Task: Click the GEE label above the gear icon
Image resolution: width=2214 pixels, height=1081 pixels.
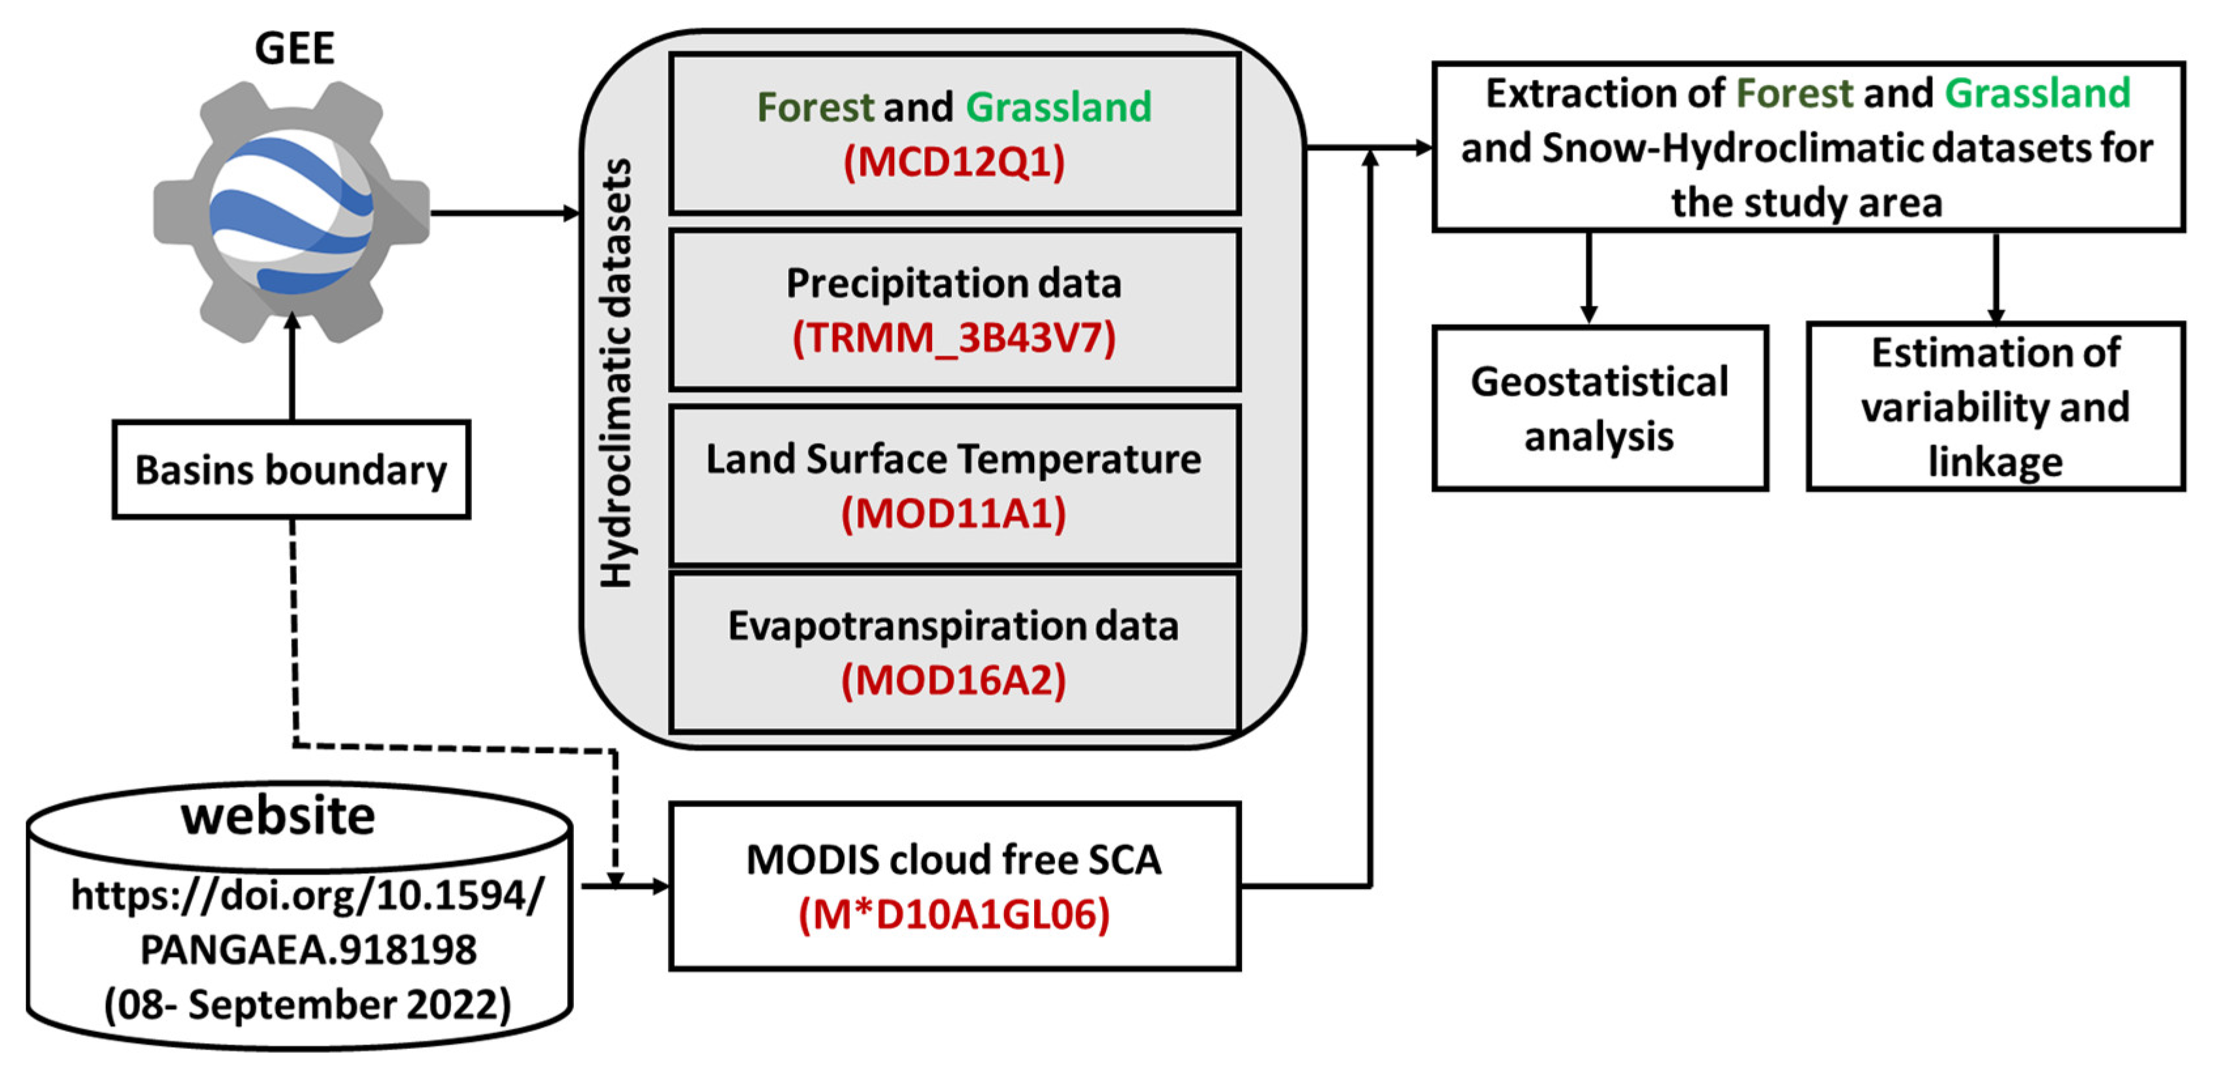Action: [x=294, y=48]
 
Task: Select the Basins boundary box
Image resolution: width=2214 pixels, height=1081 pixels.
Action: [x=292, y=470]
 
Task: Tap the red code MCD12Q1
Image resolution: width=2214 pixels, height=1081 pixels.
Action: [x=954, y=162]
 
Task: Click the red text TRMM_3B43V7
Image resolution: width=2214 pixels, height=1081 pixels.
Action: [x=954, y=338]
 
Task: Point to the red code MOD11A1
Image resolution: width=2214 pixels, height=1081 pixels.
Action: [x=954, y=514]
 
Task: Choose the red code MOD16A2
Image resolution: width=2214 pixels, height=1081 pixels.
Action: [x=954, y=680]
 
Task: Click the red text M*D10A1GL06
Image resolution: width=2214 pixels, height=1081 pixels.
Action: [x=954, y=914]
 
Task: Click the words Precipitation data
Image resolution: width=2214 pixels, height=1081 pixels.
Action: [x=954, y=284]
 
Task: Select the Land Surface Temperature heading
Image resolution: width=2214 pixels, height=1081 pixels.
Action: [x=954, y=459]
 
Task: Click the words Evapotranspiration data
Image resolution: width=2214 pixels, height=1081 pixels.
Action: [x=954, y=625]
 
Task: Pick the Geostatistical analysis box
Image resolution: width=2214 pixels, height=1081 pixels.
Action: [x=1599, y=408]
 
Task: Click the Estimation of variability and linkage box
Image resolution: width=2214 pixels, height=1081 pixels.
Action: [x=1995, y=407]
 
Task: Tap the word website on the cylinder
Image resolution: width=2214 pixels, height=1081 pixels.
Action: [x=278, y=816]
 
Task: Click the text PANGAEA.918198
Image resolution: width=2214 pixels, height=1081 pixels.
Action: [x=308, y=950]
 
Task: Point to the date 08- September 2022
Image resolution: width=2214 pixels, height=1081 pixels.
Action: [x=308, y=1005]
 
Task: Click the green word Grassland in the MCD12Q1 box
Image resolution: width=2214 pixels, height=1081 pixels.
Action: [x=1058, y=107]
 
